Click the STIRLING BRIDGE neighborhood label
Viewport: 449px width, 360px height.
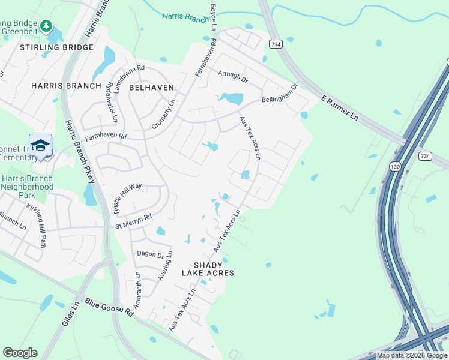point(57,47)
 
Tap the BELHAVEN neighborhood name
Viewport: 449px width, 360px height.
point(151,88)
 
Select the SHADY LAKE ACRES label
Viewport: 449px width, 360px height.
point(213,269)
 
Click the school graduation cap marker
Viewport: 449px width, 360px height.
point(40,145)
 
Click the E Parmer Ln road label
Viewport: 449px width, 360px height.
point(340,108)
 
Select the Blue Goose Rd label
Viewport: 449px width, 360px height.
point(109,308)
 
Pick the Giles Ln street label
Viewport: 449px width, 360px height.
point(71,314)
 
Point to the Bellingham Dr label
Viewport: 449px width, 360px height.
point(279,95)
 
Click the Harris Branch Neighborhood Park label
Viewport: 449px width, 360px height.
point(27,187)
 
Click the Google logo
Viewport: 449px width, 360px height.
point(20,353)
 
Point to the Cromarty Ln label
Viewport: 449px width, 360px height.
point(164,112)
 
